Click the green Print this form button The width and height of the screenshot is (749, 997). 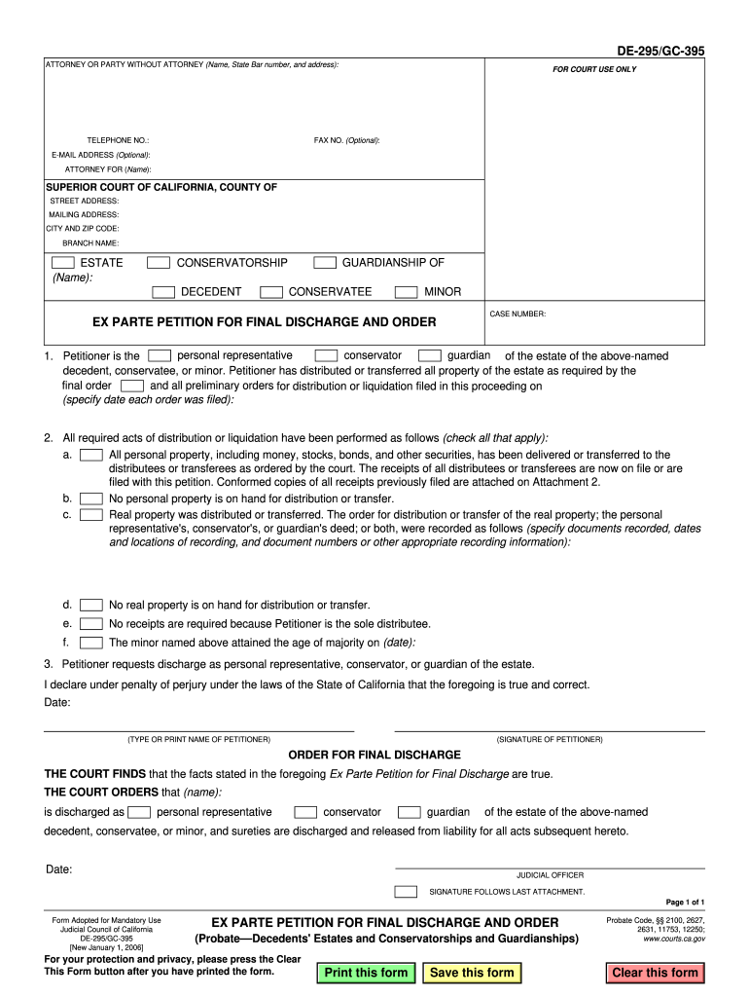coord(366,973)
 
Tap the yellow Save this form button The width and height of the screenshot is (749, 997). coord(472,973)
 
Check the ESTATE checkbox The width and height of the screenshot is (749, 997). coord(62,263)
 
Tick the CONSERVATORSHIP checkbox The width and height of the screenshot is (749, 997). coord(158,263)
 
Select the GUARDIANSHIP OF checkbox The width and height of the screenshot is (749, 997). coord(325,263)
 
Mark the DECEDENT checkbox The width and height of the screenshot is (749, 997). coord(163,292)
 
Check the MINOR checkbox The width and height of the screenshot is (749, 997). coord(406,292)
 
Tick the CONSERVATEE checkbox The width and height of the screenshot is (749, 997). coord(272,292)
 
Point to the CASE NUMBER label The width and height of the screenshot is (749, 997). coord(517,314)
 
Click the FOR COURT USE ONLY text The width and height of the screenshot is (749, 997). coord(594,70)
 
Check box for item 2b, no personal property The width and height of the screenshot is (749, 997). coord(91,499)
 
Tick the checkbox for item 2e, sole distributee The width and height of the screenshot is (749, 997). coord(91,624)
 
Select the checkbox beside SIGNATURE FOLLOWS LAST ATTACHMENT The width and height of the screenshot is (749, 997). coord(406,891)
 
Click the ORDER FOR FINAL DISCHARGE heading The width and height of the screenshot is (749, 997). coord(374,755)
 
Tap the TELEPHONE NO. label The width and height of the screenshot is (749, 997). coord(118,140)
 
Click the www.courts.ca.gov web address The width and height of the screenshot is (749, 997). coord(674,940)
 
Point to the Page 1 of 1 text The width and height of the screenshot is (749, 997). coord(685,903)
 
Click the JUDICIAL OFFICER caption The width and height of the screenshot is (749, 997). coord(550,875)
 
